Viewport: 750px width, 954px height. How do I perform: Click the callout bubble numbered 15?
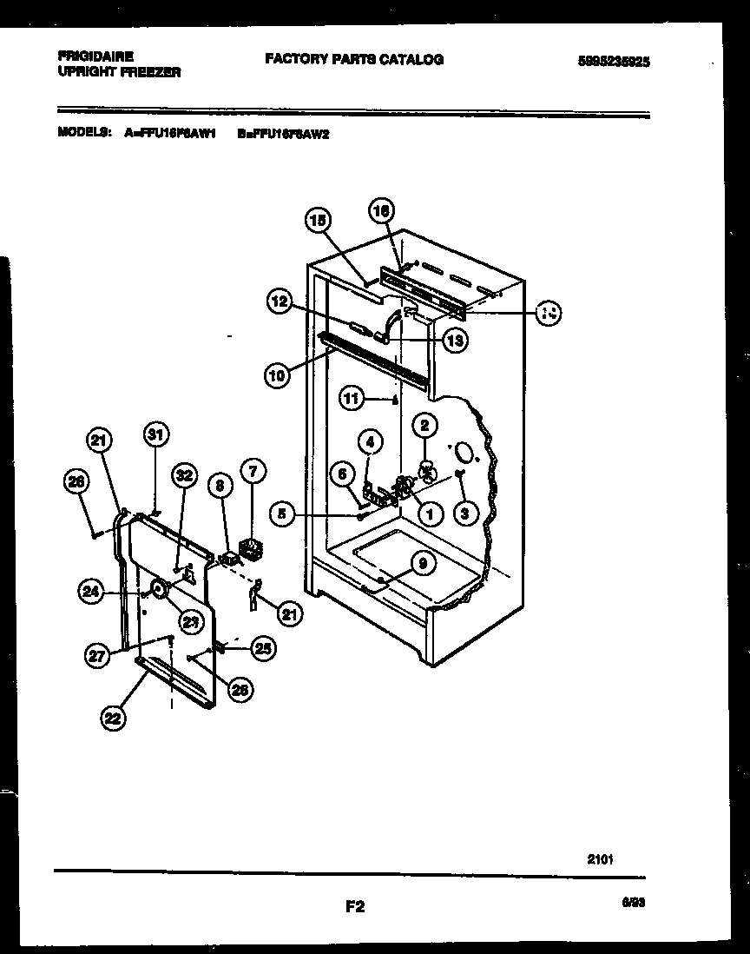coord(319,222)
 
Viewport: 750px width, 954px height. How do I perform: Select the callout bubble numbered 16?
coord(381,209)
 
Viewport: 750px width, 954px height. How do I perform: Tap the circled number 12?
coord(279,301)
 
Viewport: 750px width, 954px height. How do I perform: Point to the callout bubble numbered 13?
coord(454,341)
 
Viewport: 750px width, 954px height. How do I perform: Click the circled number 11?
coord(351,400)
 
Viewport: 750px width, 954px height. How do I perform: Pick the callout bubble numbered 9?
coord(422,564)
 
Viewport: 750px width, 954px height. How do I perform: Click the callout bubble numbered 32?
coord(184,474)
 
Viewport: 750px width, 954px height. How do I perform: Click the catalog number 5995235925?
coord(614,62)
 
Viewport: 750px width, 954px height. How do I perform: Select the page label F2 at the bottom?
coord(354,907)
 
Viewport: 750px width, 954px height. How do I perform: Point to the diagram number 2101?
coord(600,859)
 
